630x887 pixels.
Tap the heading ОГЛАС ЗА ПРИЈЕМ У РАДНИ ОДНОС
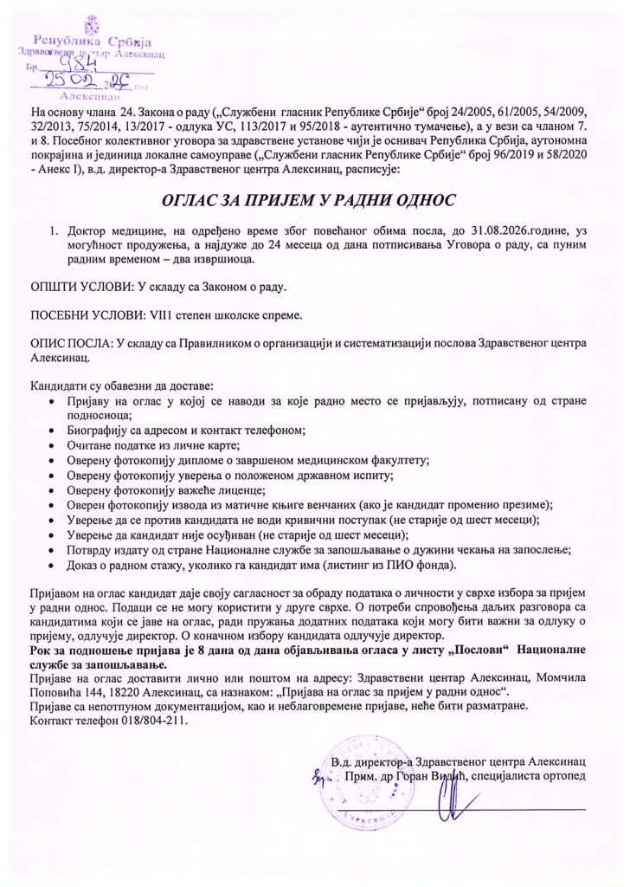(x=314, y=201)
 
